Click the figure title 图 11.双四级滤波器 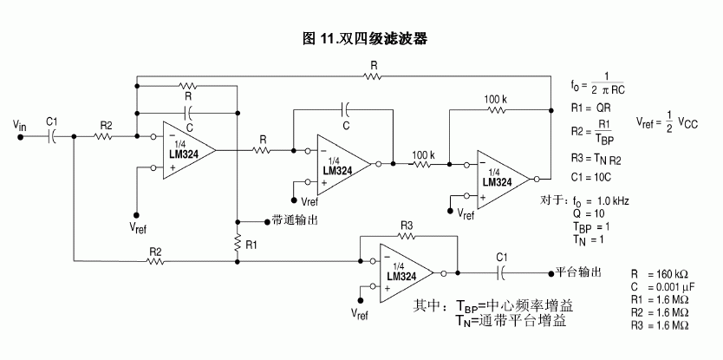click(364, 39)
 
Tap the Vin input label click(20, 126)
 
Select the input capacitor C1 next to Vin click(52, 136)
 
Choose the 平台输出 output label click(576, 272)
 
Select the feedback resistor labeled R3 click(407, 236)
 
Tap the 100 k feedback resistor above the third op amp click(495, 110)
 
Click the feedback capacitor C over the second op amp click(345, 109)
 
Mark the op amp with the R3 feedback click(407, 272)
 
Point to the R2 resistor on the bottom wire click(157, 259)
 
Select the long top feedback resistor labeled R click(374, 76)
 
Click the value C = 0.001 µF click(664, 286)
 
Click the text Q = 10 click(589, 213)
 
